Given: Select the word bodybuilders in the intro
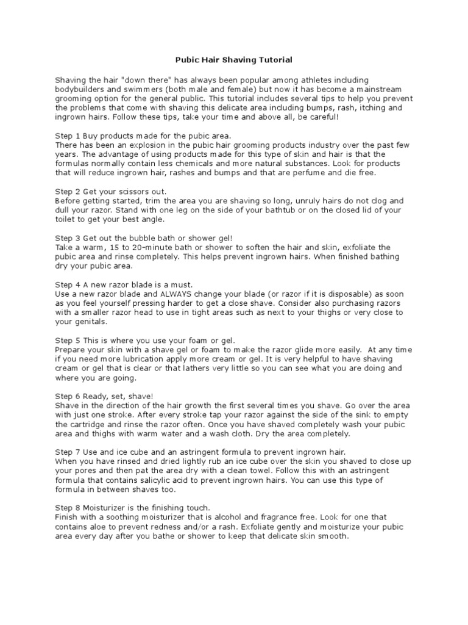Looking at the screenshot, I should pos(79,89).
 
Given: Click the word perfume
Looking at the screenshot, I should pos(325,173).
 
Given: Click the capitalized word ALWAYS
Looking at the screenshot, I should pos(174,294).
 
